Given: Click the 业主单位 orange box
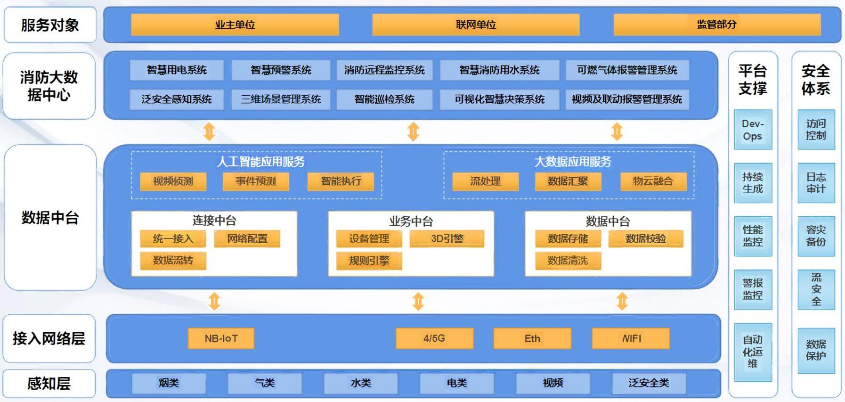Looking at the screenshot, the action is (x=235, y=25).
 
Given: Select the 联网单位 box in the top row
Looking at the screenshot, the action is (x=476, y=25).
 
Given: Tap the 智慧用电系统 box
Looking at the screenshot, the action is (x=177, y=70).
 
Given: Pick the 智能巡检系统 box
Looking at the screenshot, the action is (x=384, y=99).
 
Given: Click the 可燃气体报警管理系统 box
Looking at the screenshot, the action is (x=627, y=70).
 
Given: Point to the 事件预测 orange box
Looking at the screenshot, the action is (x=256, y=181).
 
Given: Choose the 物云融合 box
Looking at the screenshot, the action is (x=653, y=181).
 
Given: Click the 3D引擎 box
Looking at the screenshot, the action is (x=447, y=238).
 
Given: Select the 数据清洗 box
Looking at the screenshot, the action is (x=568, y=261).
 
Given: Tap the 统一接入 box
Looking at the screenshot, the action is (x=173, y=238).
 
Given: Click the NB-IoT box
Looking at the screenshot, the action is (x=221, y=338).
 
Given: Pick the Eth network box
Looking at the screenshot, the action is (x=532, y=338).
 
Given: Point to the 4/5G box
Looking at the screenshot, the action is (x=434, y=338).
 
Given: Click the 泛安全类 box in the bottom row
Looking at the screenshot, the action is (x=649, y=383).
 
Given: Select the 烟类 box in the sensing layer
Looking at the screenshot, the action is (x=169, y=383).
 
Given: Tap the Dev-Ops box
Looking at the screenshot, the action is (x=753, y=130).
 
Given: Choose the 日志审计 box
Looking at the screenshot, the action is (x=816, y=183).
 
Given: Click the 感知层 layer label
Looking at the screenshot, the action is (x=49, y=384).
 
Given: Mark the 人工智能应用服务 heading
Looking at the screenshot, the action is (x=261, y=162).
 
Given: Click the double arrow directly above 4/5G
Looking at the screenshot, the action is (x=418, y=302).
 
